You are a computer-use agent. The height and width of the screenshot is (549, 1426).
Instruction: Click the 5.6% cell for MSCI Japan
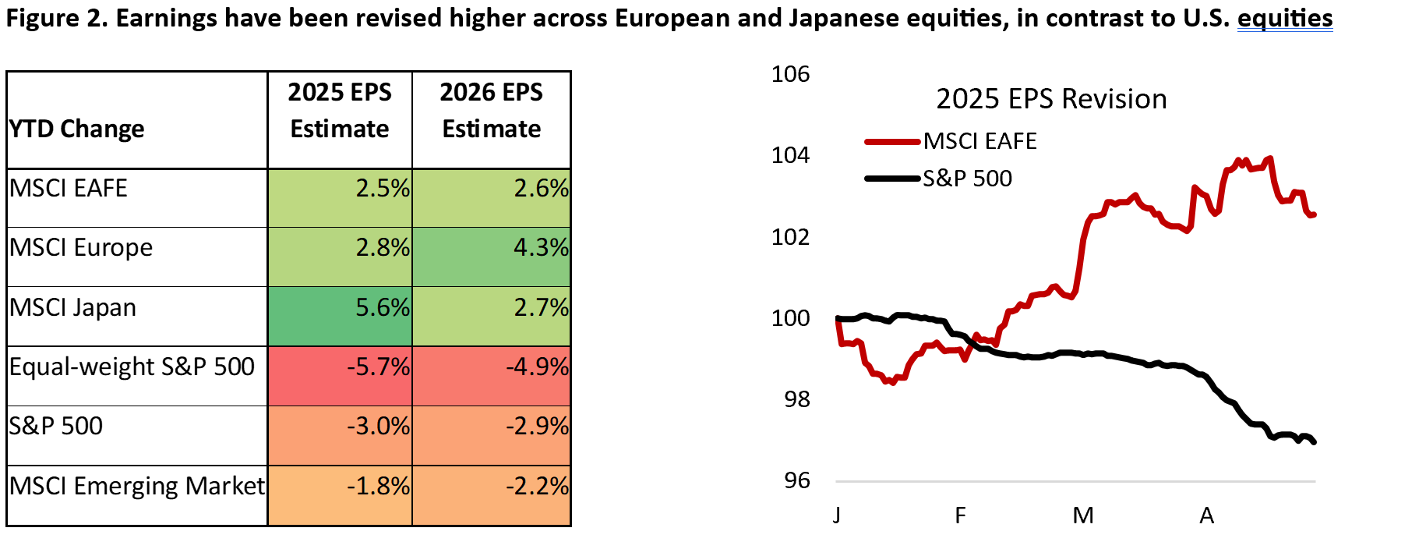tap(340, 317)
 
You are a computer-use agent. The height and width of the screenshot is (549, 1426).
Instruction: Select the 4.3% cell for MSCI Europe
tap(492, 257)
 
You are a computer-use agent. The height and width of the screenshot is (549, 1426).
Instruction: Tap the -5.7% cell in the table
tap(340, 376)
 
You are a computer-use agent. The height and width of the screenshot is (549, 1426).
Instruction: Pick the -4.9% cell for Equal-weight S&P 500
tap(492, 376)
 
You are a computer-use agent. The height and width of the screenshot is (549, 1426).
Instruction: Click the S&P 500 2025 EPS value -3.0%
tap(340, 436)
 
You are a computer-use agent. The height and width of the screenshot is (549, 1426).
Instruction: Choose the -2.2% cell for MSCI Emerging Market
tap(492, 496)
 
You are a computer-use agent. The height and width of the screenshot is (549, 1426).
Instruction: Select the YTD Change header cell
tap(137, 120)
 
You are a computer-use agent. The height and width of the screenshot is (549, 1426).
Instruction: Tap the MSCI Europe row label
tap(81, 247)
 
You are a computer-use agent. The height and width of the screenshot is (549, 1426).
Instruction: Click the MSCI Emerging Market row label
tap(137, 486)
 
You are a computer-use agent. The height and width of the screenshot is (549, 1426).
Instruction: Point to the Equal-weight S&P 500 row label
tap(132, 367)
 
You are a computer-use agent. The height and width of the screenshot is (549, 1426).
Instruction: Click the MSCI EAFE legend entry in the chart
tap(951, 141)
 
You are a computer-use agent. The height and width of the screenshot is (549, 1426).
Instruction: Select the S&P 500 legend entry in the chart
tap(939, 179)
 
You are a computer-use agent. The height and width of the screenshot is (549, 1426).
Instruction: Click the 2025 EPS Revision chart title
tap(1051, 99)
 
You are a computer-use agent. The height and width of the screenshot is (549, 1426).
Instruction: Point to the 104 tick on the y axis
tap(790, 155)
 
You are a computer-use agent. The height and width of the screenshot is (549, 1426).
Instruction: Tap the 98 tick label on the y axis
tap(797, 399)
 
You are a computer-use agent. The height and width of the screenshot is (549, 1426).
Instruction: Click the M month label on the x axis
tap(1083, 515)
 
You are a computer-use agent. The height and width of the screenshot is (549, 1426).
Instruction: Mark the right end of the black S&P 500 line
tap(1315, 442)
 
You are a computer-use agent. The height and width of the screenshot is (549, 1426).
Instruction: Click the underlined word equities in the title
tap(1285, 18)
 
